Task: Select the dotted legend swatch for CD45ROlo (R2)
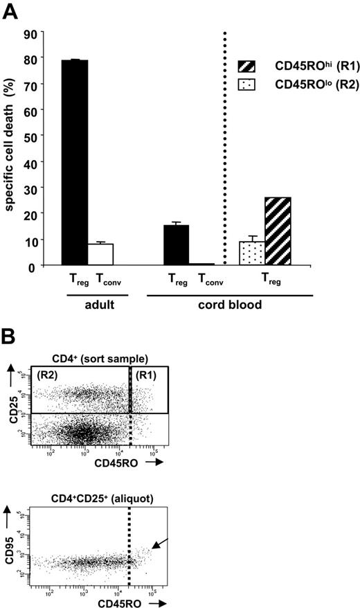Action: click(x=246, y=85)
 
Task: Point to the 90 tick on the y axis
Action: click(x=30, y=32)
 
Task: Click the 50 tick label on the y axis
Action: click(x=30, y=136)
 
